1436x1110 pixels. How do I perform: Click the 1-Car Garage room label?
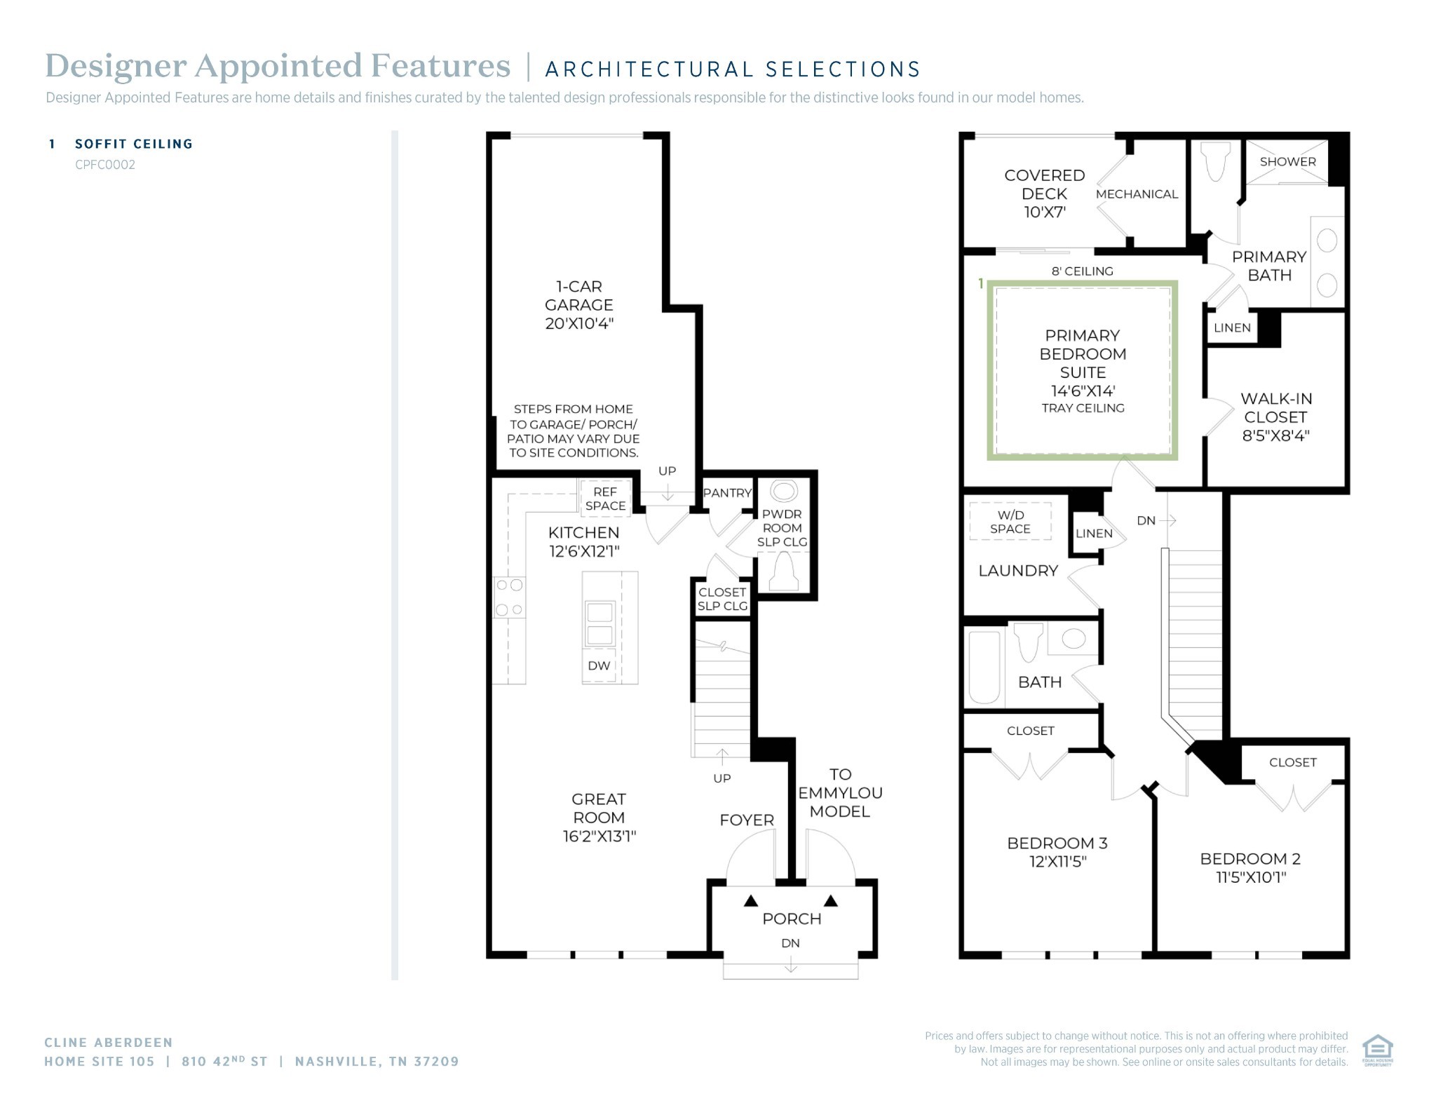[579, 305]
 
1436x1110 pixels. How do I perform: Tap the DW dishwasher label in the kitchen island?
[599, 665]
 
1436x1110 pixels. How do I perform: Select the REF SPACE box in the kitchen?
[605, 499]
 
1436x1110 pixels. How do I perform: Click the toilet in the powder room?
[783, 572]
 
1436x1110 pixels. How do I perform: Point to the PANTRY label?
[727, 493]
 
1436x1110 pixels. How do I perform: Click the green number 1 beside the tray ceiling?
[981, 283]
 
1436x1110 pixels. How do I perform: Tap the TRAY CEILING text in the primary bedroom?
[1083, 408]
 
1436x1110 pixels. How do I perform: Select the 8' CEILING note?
[1082, 271]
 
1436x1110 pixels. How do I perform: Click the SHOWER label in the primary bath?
[1287, 161]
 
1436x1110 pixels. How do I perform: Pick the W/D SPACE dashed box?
[1010, 521]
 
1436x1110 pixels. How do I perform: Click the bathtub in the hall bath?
[984, 668]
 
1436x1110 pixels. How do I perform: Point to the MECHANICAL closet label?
[1137, 194]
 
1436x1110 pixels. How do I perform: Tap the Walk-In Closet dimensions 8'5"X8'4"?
[1275, 435]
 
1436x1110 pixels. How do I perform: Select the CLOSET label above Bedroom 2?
[1292, 762]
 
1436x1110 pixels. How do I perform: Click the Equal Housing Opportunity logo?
[1377, 1050]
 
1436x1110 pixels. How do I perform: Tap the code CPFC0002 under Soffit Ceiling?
[105, 165]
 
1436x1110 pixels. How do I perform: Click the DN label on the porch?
[790, 943]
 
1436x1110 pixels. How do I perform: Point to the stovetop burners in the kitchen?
[509, 597]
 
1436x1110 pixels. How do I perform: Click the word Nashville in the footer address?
[339, 1062]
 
